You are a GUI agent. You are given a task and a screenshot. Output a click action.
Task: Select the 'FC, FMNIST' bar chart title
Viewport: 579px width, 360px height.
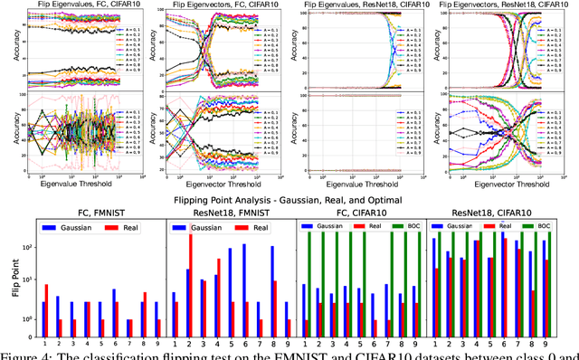[x=100, y=215]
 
